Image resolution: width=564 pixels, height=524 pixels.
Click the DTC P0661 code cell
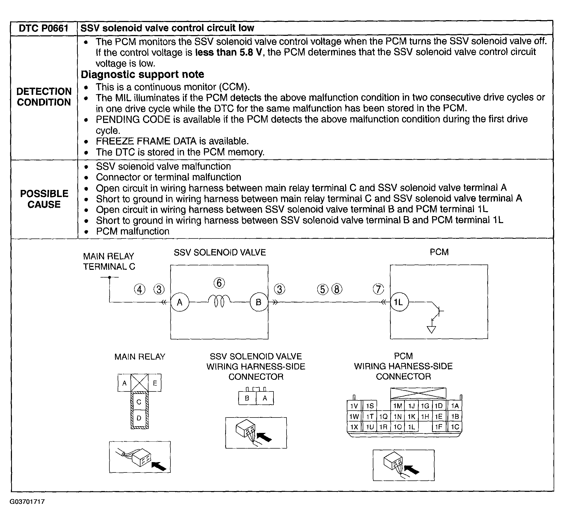click(44, 28)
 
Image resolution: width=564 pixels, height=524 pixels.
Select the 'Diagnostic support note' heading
click(142, 74)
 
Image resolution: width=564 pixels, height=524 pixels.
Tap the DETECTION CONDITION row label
click(44, 97)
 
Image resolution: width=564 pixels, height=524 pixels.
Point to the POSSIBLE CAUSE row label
click(44, 199)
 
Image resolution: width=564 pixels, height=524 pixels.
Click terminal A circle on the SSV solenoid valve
click(180, 302)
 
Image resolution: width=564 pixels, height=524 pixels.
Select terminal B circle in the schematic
click(259, 302)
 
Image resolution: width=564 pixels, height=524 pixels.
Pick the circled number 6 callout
click(219, 283)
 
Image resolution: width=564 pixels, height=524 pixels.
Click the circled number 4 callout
click(139, 289)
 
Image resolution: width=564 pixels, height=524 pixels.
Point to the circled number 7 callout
click(378, 289)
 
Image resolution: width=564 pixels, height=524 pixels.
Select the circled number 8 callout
click(337, 289)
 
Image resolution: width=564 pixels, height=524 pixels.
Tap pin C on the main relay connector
click(139, 402)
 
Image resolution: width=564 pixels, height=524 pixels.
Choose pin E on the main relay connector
click(155, 383)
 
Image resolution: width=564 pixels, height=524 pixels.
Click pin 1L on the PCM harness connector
click(411, 427)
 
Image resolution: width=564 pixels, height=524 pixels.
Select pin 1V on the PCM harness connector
click(354, 406)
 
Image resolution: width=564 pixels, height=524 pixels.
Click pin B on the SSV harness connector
click(247, 398)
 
